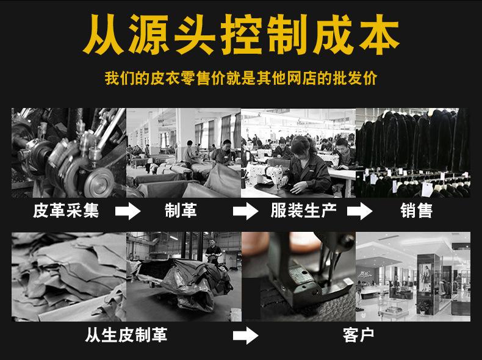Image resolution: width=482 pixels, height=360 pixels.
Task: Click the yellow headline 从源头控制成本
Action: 241,35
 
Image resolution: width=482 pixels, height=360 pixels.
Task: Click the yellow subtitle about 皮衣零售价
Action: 241,80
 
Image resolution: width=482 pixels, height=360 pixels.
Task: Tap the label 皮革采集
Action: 66,211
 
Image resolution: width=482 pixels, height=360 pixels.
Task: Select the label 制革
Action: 181,211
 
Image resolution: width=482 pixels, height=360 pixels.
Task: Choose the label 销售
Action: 417,211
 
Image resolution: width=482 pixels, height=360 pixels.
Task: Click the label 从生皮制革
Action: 126,334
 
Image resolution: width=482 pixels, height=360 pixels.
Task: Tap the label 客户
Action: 359,334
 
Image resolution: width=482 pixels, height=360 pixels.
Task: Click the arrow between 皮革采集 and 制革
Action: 128,212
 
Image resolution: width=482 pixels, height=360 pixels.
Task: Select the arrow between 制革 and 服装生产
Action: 245,212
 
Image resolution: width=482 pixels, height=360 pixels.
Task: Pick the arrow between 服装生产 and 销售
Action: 360,212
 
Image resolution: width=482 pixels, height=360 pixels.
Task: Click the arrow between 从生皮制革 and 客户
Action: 245,335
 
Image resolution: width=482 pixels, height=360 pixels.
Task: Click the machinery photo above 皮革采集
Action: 68,153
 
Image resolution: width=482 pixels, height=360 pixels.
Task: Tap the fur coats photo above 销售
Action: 412,153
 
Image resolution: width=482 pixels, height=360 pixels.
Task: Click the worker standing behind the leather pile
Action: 212,251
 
